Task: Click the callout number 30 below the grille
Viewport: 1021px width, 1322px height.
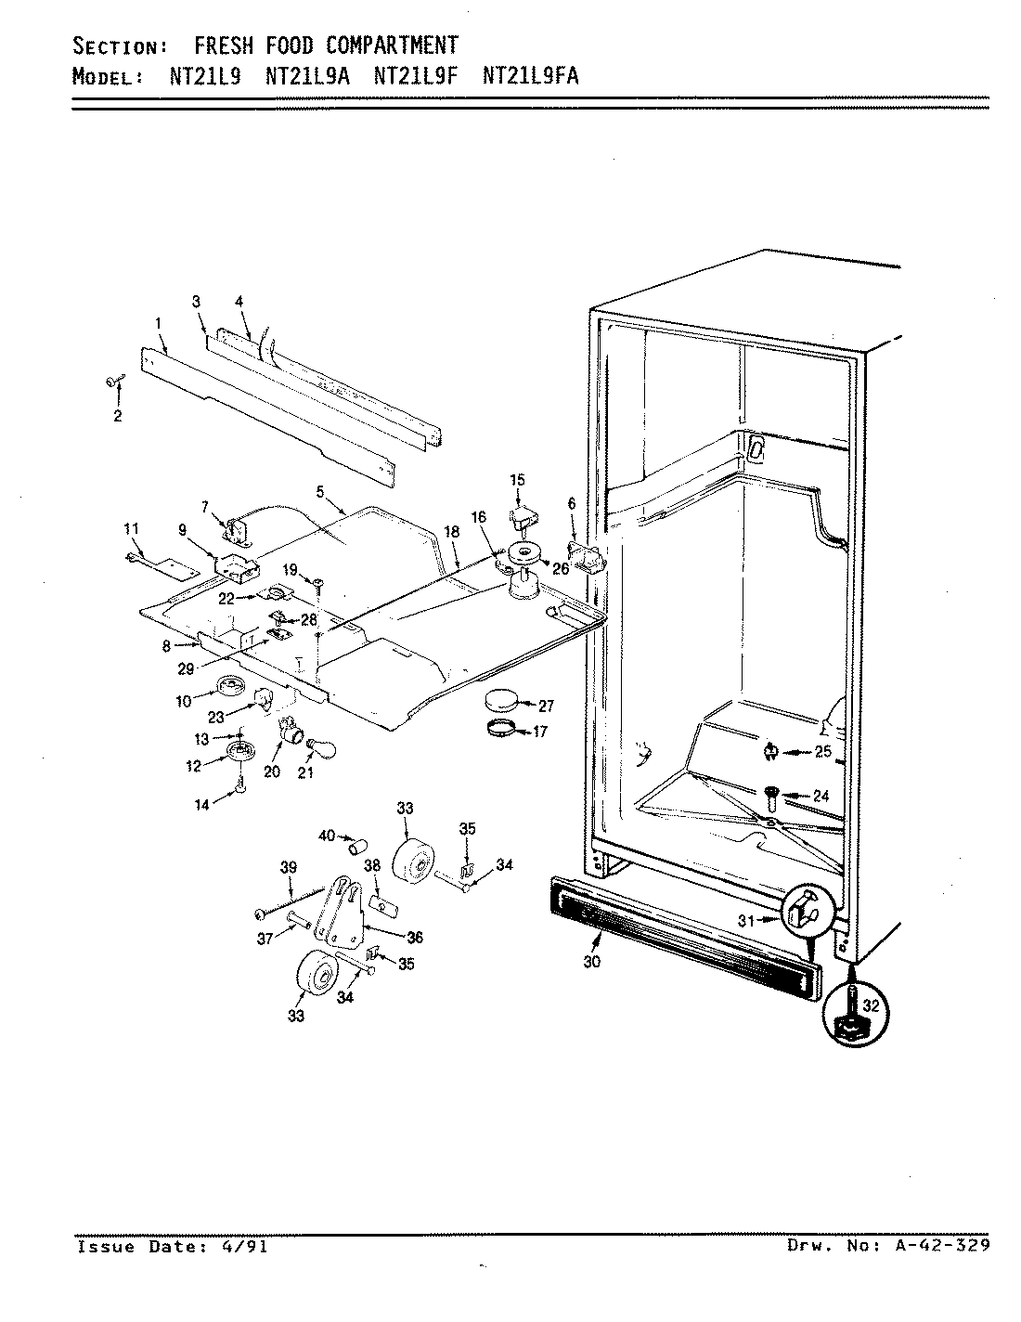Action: (592, 962)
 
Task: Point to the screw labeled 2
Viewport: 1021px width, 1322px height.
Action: (113, 381)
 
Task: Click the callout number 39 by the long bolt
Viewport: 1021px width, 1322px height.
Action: (288, 867)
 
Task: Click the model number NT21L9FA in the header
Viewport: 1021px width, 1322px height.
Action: (531, 75)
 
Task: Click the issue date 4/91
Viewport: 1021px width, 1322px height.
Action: (249, 1247)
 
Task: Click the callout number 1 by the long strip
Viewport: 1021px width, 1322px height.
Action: (159, 322)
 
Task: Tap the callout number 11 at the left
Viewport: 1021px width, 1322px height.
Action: (131, 528)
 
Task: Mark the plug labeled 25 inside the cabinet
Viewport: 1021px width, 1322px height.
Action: (769, 751)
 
